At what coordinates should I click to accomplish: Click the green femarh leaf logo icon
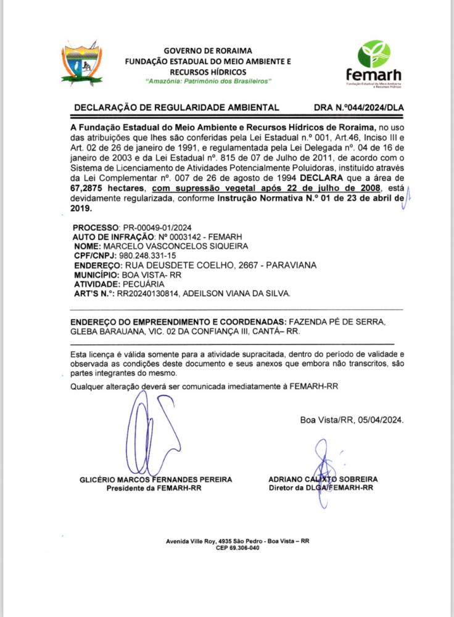(375, 54)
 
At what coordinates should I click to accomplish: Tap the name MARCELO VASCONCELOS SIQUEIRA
(160, 246)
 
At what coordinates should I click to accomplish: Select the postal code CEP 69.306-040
(237, 548)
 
